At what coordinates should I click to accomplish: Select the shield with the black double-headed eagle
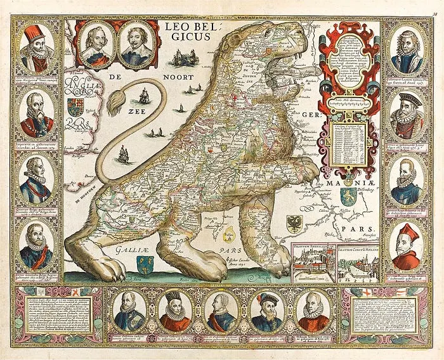(x=295, y=224)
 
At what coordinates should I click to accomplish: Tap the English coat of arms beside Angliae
(x=75, y=106)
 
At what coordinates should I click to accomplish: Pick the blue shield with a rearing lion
(x=346, y=196)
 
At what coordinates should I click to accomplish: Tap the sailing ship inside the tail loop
(x=143, y=97)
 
